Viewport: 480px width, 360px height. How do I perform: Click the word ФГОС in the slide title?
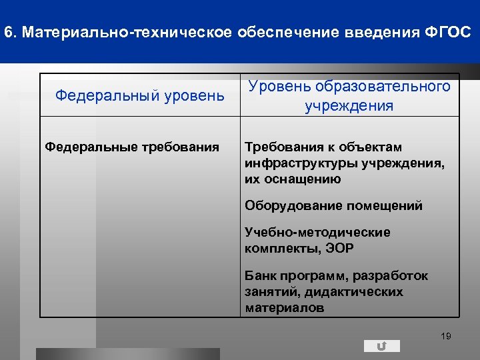pos(447,32)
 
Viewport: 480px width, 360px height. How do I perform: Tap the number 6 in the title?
pos(7,32)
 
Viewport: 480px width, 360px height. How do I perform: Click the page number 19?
pos(446,336)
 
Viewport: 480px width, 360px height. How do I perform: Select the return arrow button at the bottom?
pos(382,346)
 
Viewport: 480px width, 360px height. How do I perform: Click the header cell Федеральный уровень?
pos(140,95)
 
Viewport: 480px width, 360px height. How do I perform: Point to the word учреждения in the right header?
pos(349,106)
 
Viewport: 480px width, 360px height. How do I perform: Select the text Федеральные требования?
pos(132,147)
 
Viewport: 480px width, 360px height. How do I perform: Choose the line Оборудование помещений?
pos(333,205)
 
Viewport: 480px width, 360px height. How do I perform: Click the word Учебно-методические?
pos(317,232)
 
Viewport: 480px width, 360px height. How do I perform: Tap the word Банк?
pos(259,275)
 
